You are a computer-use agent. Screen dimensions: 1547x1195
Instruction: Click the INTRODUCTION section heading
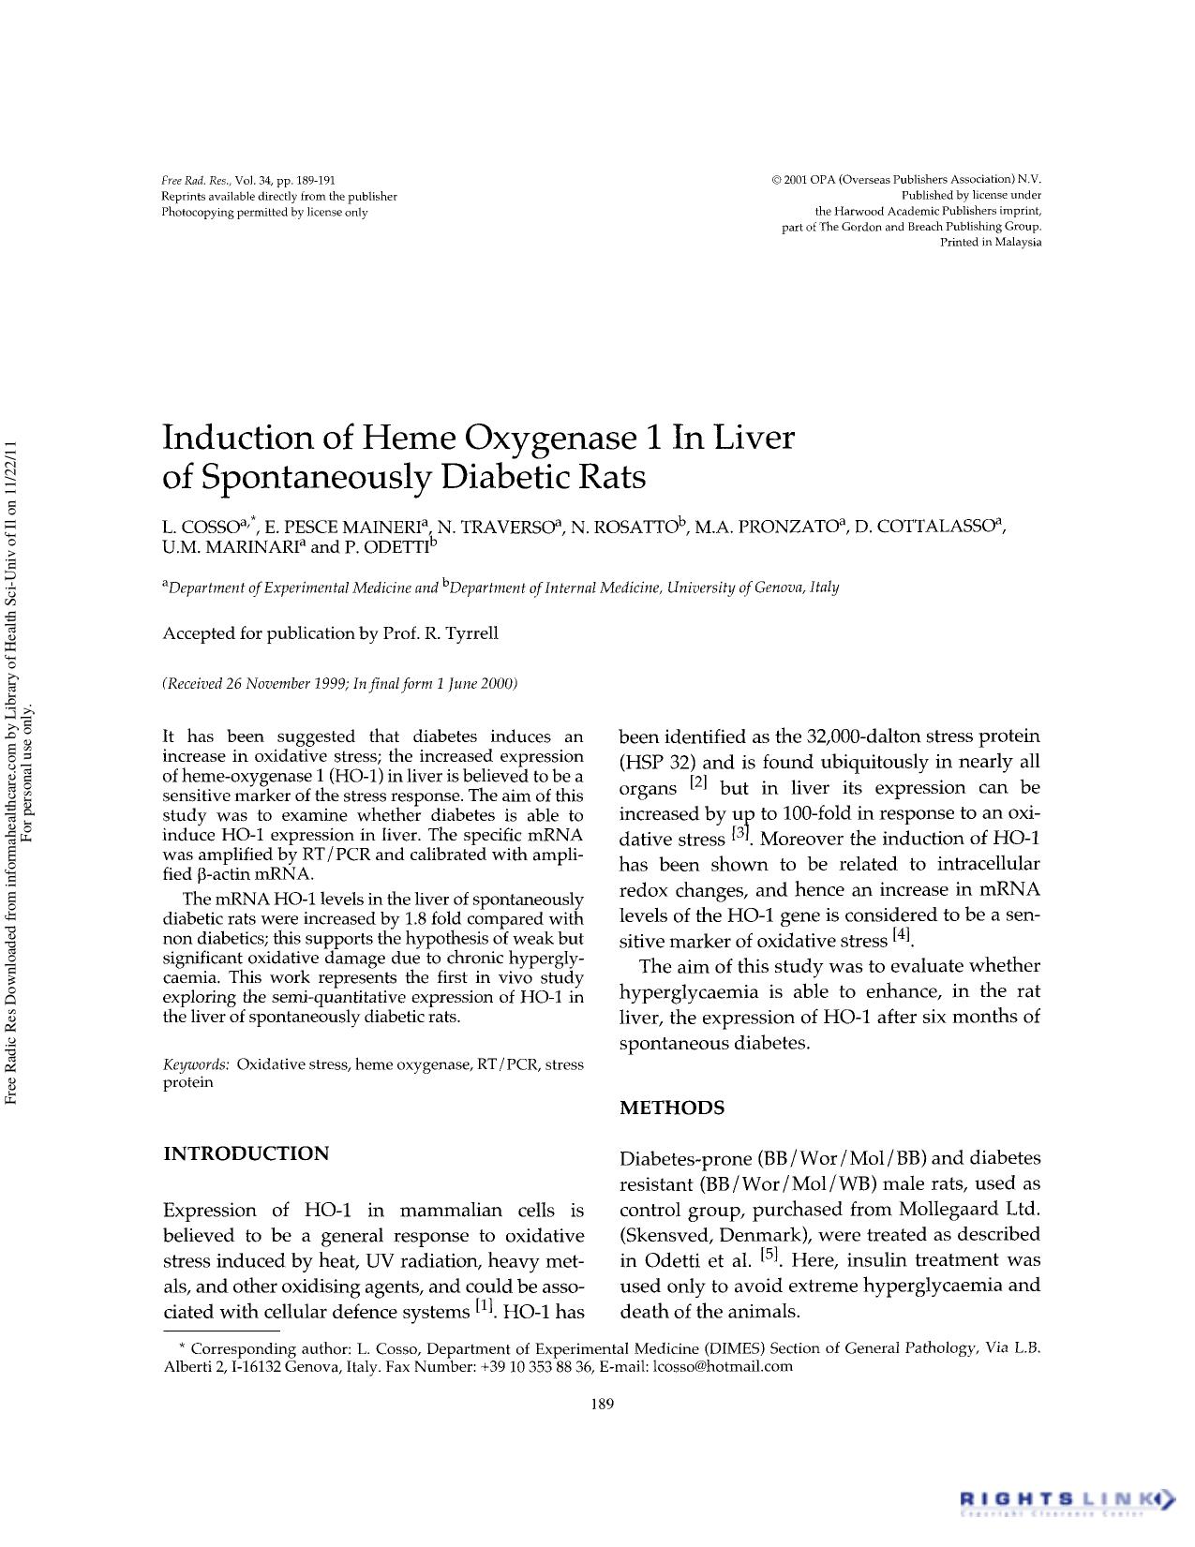(x=246, y=1153)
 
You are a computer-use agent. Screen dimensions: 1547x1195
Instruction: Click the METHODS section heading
(x=672, y=1108)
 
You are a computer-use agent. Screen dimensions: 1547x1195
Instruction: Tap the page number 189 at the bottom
(x=603, y=1403)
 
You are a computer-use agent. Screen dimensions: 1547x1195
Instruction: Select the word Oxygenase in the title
(x=546, y=438)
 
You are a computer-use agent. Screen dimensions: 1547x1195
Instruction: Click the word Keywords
(x=196, y=1064)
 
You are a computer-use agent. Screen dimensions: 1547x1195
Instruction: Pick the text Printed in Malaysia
(x=991, y=242)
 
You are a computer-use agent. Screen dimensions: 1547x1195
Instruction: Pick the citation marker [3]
(x=740, y=833)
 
